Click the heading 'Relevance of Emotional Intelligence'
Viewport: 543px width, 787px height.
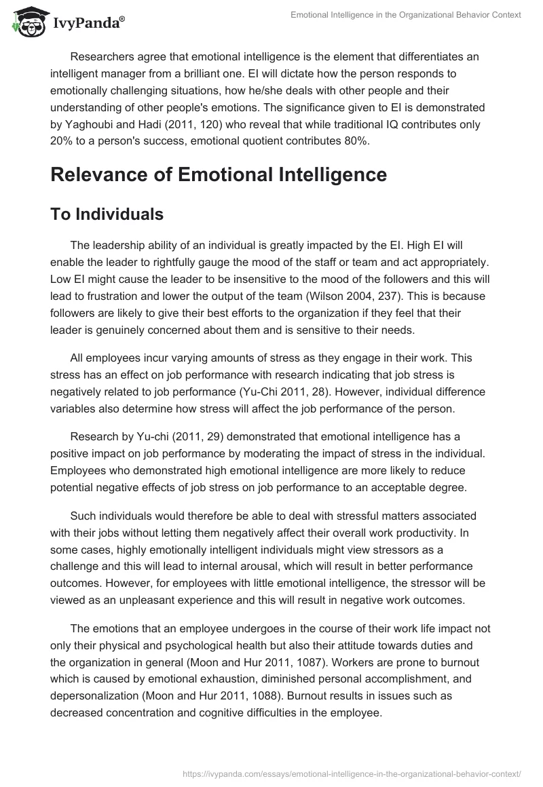(219, 174)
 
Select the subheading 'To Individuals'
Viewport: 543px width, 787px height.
(107, 214)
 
